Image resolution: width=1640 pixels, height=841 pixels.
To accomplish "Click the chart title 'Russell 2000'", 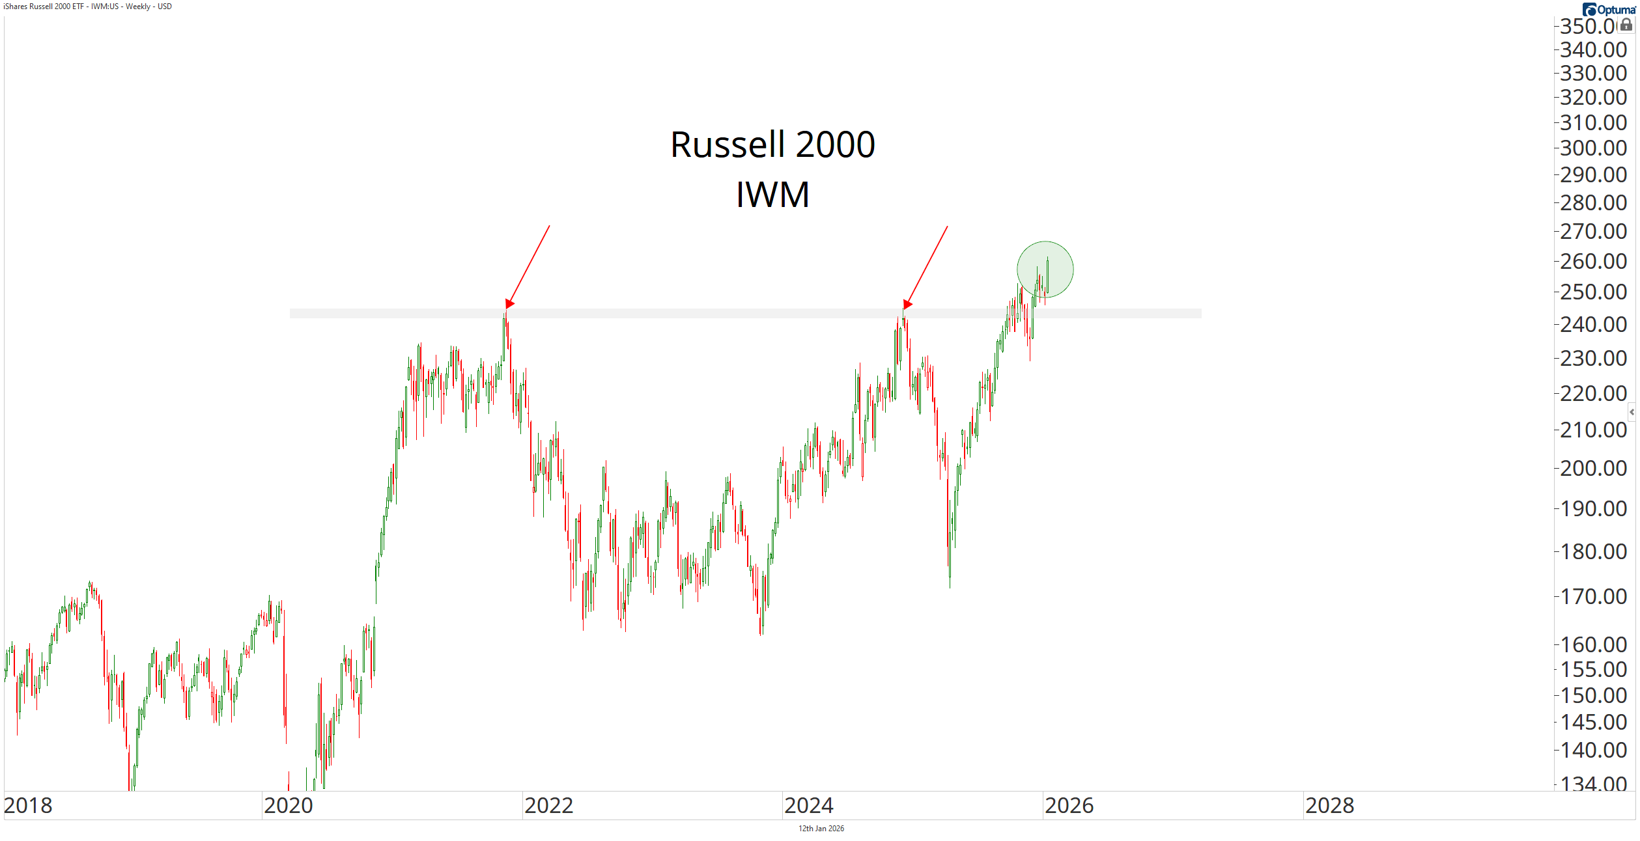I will (x=772, y=145).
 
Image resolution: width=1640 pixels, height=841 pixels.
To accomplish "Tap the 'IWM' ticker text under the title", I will (x=772, y=195).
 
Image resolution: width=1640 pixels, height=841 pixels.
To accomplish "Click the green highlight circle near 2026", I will (x=1045, y=269).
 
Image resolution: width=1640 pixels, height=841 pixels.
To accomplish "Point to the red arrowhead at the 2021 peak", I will (x=509, y=304).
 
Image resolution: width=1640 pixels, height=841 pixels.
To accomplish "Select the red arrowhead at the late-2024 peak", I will (x=907, y=305).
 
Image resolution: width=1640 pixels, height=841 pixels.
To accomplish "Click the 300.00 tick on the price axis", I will (x=1593, y=148).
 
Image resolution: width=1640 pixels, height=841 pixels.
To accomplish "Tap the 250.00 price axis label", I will (x=1593, y=292).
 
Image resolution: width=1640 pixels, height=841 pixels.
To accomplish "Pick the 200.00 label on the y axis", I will (x=1593, y=469).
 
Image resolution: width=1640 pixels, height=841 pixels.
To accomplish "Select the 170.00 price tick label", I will (x=1593, y=596).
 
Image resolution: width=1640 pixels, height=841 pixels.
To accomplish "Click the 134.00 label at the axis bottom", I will (x=1593, y=783).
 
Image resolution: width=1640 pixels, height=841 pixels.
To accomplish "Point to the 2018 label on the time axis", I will (x=28, y=806).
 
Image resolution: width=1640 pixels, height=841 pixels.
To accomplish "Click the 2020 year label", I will (x=289, y=806).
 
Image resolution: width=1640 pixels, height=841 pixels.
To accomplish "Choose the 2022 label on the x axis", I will (x=548, y=806).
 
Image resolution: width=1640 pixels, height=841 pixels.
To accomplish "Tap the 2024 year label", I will (x=809, y=806).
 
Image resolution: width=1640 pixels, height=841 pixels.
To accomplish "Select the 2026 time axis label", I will (x=1069, y=806).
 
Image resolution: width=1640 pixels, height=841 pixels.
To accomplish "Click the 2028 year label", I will (x=1330, y=806).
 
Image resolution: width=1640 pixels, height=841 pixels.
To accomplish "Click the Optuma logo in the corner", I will (x=1610, y=9).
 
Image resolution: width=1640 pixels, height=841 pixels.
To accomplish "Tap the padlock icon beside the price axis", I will (x=1626, y=25).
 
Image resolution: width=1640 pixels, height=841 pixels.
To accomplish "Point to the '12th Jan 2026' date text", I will (x=821, y=829).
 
